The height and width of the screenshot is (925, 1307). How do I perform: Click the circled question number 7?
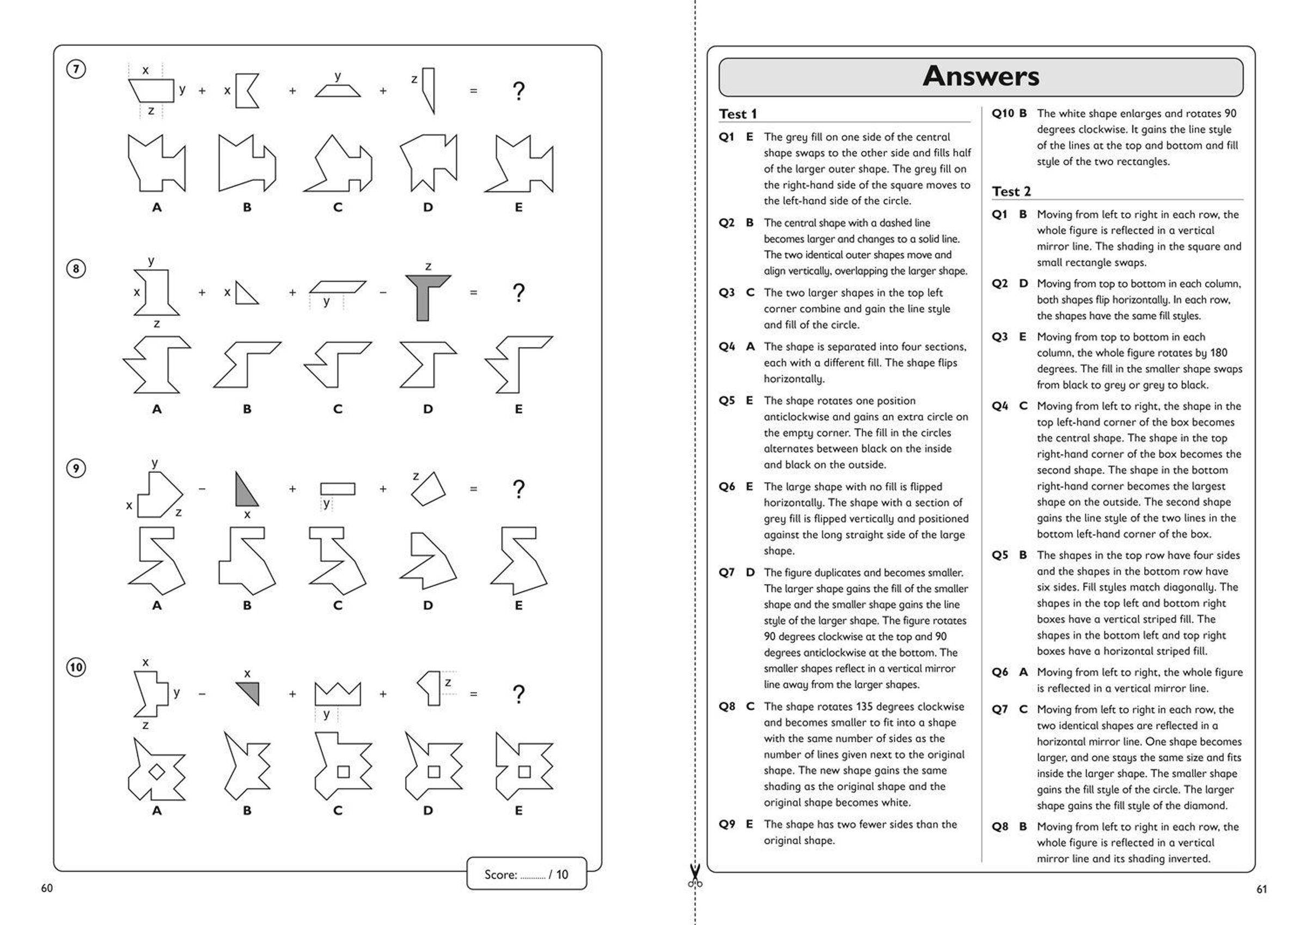tap(76, 70)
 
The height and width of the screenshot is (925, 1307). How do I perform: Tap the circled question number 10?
tap(76, 667)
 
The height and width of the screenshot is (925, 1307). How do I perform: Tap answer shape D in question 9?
tap(427, 561)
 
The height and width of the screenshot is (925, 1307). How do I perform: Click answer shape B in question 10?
tap(247, 766)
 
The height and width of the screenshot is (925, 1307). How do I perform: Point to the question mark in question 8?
tap(518, 293)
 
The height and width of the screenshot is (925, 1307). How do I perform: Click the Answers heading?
tap(980, 76)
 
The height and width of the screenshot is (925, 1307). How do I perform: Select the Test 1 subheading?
tap(738, 114)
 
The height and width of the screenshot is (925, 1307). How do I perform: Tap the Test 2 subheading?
tap(1011, 191)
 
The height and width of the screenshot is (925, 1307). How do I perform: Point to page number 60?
tap(47, 888)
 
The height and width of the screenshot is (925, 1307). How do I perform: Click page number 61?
tap(1261, 889)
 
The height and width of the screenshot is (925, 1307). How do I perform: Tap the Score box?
tap(526, 874)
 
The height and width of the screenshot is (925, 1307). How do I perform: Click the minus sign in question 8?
tap(383, 293)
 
